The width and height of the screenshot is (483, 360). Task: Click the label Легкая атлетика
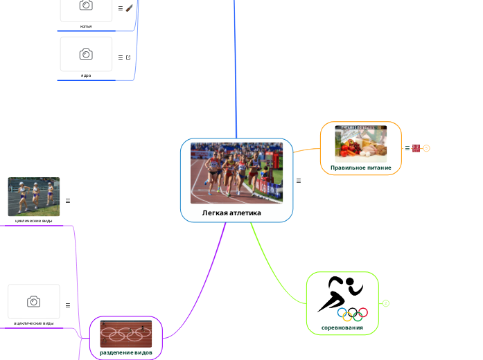click(x=231, y=213)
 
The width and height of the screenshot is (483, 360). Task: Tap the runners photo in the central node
click(x=236, y=172)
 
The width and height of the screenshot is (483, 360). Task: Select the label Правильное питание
click(x=360, y=168)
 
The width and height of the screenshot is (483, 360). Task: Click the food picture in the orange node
click(x=360, y=143)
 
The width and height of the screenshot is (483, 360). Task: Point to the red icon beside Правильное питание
click(x=416, y=148)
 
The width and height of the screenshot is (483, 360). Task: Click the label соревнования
click(x=342, y=327)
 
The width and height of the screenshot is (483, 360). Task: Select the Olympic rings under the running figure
click(x=352, y=314)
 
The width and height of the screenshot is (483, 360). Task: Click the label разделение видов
click(x=125, y=352)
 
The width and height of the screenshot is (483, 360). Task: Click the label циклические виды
click(x=33, y=220)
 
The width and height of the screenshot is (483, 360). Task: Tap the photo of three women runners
click(x=34, y=197)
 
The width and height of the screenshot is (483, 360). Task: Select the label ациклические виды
click(x=33, y=323)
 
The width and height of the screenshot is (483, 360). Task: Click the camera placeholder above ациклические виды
click(x=33, y=301)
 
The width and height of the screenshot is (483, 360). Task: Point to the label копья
click(x=86, y=26)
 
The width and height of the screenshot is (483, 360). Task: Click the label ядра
click(x=86, y=75)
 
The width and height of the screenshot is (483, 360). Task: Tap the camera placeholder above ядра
click(x=86, y=53)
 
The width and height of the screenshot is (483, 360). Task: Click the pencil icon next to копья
click(x=129, y=8)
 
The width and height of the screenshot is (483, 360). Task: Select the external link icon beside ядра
click(x=128, y=57)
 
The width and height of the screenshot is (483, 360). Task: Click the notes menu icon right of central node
click(x=299, y=181)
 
